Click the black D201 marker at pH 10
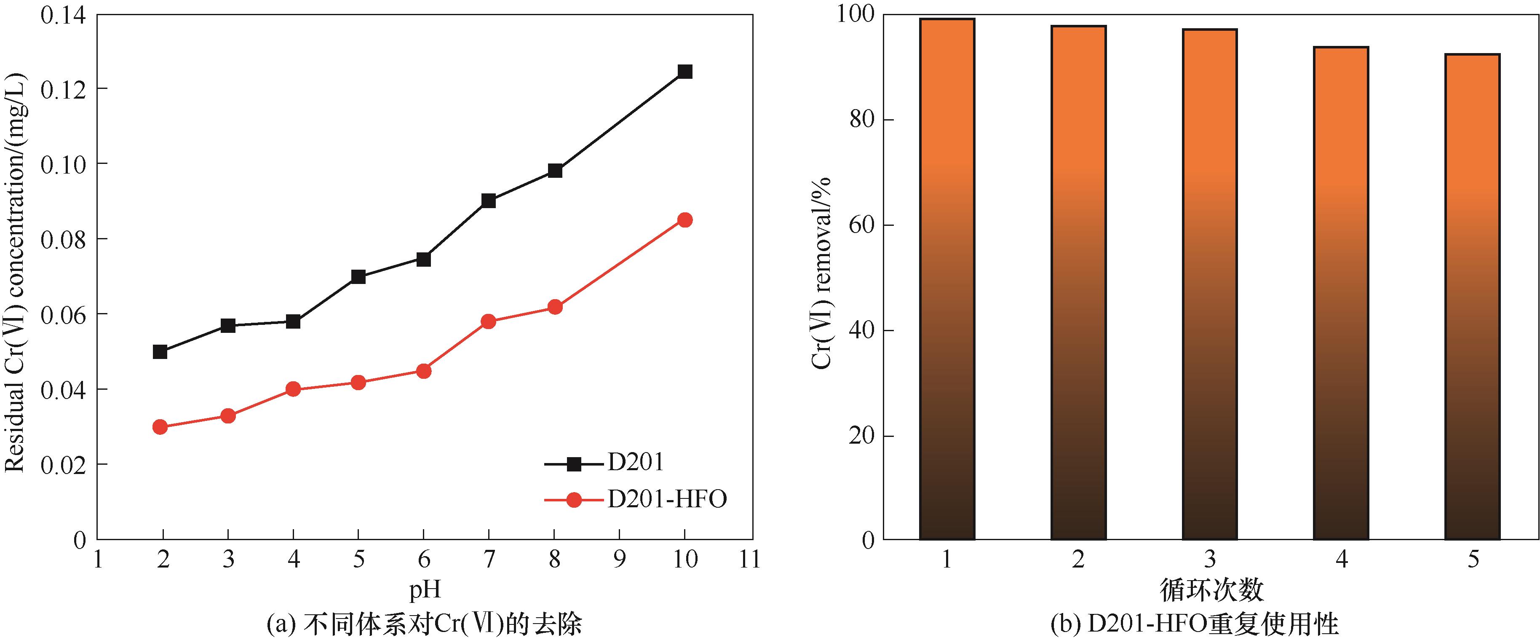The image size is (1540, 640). point(685,72)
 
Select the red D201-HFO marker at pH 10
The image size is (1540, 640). point(685,220)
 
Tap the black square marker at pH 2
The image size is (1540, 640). point(160,352)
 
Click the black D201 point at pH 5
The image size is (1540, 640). point(358,276)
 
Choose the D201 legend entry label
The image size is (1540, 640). point(636,462)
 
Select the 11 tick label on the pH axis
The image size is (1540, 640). point(750,559)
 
